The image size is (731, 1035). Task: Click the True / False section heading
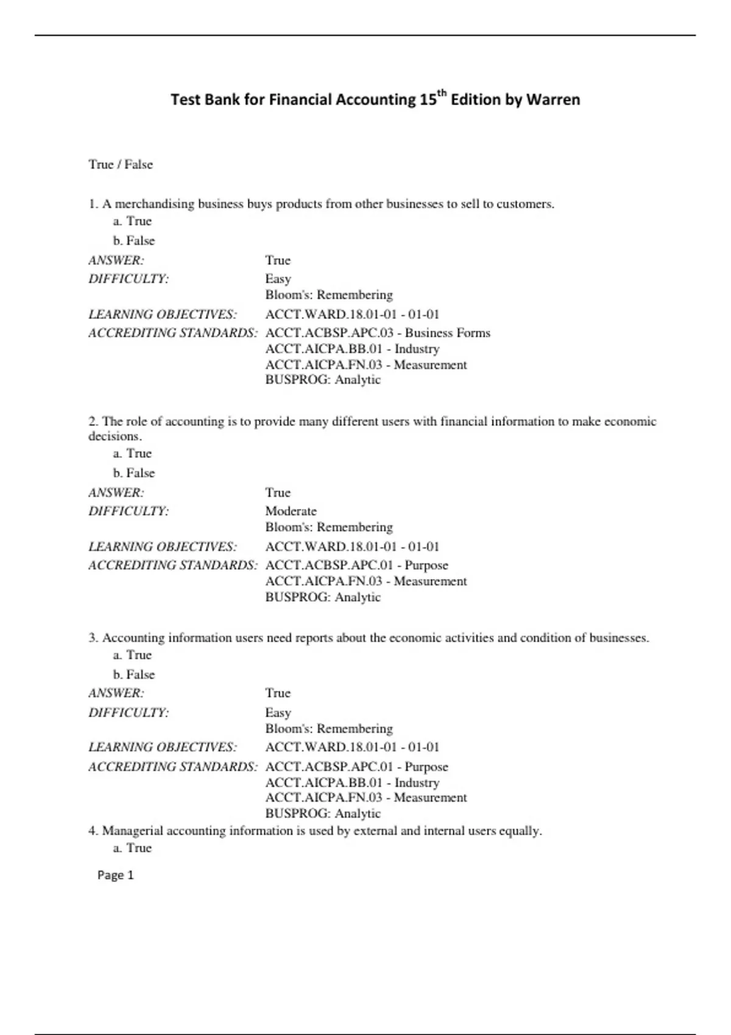click(121, 164)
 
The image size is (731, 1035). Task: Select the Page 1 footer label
click(115, 875)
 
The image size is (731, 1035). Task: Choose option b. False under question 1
click(134, 240)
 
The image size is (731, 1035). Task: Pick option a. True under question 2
click(132, 454)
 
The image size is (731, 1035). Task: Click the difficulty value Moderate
click(291, 511)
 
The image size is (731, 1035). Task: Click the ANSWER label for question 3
click(116, 693)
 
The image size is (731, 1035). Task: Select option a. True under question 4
click(132, 848)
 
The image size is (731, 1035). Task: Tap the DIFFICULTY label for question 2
click(129, 511)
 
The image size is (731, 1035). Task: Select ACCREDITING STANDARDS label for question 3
click(173, 767)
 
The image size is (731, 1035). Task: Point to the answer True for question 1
click(278, 261)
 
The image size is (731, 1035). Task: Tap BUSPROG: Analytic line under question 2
click(323, 597)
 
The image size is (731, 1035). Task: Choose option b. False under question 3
click(134, 675)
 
